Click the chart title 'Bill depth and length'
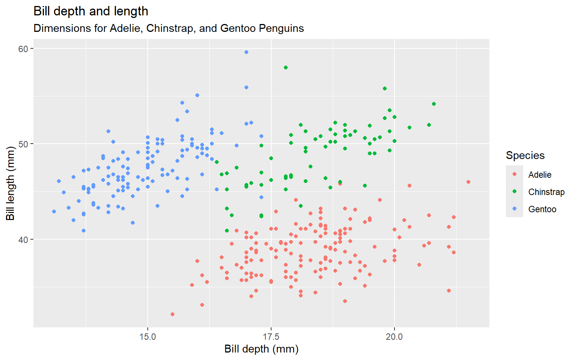coord(91,11)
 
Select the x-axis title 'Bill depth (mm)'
coord(261,349)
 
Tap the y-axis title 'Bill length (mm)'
coord(10,184)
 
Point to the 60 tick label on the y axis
coord(23,49)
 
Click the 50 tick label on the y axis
coord(23,144)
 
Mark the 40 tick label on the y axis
coord(23,239)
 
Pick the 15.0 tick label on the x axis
coord(148,337)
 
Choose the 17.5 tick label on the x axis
coord(271,337)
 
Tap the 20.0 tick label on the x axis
coord(394,337)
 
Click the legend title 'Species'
coord(525,156)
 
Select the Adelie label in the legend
coord(540,175)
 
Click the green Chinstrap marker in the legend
coord(514,191)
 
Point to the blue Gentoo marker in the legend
coord(514,208)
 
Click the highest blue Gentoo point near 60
coord(246,52)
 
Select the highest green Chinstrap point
coord(286,67)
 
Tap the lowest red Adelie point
coord(172,314)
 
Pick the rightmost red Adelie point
coord(468,182)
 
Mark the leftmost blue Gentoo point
coord(54,211)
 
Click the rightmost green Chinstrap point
coord(434,104)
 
